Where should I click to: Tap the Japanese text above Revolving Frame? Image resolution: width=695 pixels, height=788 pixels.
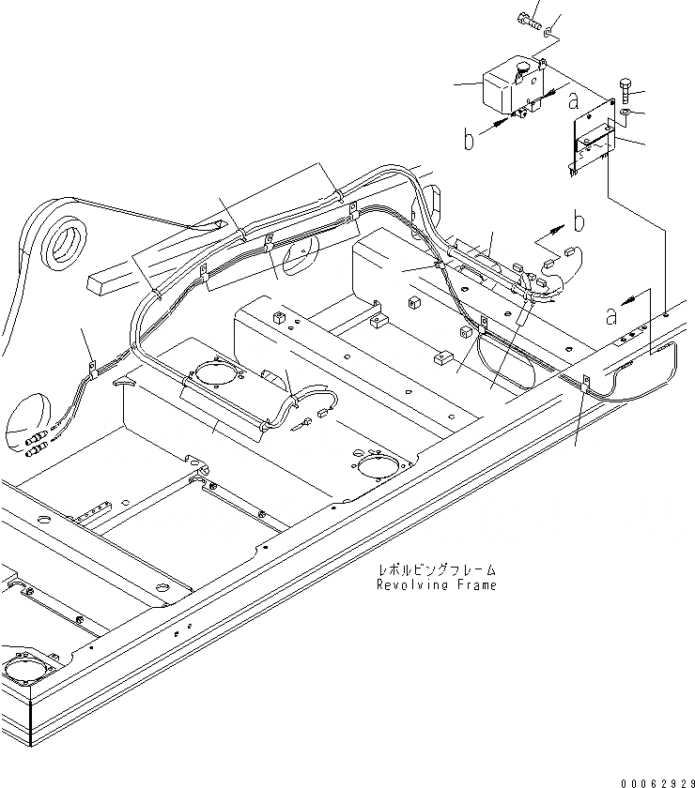(x=436, y=569)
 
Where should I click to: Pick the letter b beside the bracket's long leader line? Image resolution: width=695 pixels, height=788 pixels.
(x=579, y=222)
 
